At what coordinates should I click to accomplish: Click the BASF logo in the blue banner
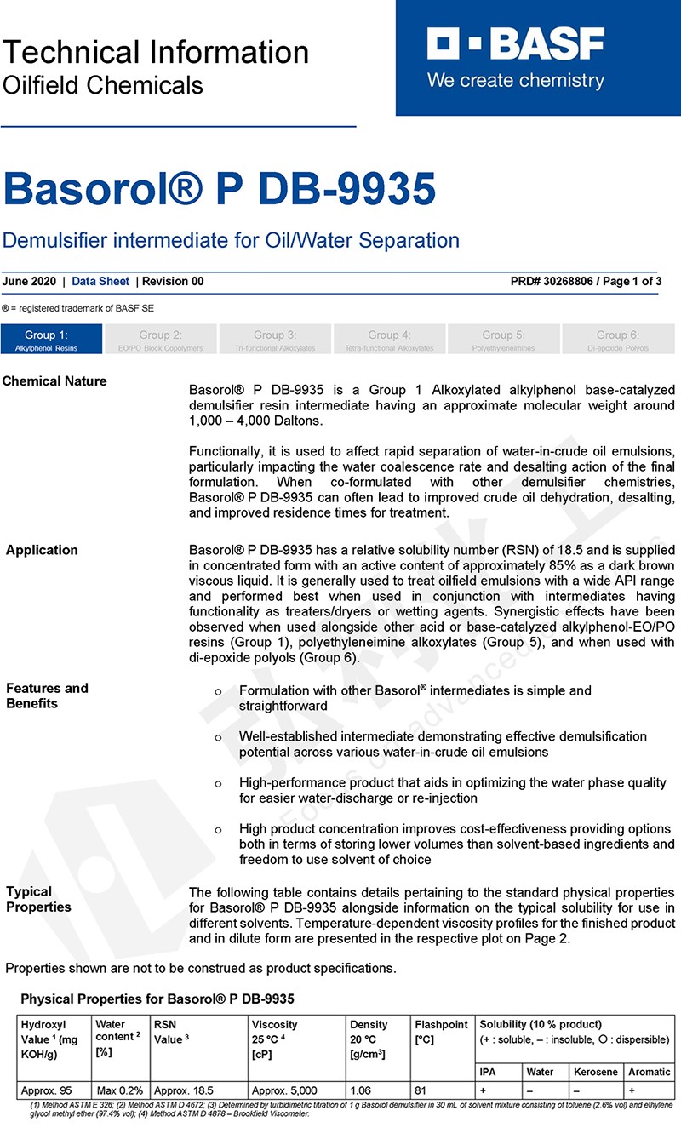pyautogui.click(x=515, y=44)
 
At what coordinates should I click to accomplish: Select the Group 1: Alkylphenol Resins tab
pyautogui.click(x=47, y=339)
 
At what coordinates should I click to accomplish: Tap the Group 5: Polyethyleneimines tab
pyautogui.click(x=503, y=339)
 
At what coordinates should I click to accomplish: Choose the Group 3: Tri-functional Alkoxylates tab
pyautogui.click(x=275, y=339)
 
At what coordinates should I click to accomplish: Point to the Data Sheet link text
pyautogui.click(x=100, y=282)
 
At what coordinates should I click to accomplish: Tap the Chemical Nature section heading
pyautogui.click(x=54, y=381)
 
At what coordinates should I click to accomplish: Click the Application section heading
pyautogui.click(x=42, y=550)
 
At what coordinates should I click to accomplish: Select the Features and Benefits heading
pyautogui.click(x=47, y=695)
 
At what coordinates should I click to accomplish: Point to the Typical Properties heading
pyautogui.click(x=38, y=899)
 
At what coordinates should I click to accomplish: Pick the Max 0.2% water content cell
pyautogui.click(x=119, y=1090)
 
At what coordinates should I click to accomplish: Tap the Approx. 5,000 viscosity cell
pyautogui.click(x=284, y=1090)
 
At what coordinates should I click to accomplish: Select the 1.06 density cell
pyautogui.click(x=361, y=1090)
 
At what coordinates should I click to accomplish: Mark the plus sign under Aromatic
pyautogui.click(x=631, y=1090)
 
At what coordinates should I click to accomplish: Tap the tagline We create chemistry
pyautogui.click(x=515, y=82)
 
